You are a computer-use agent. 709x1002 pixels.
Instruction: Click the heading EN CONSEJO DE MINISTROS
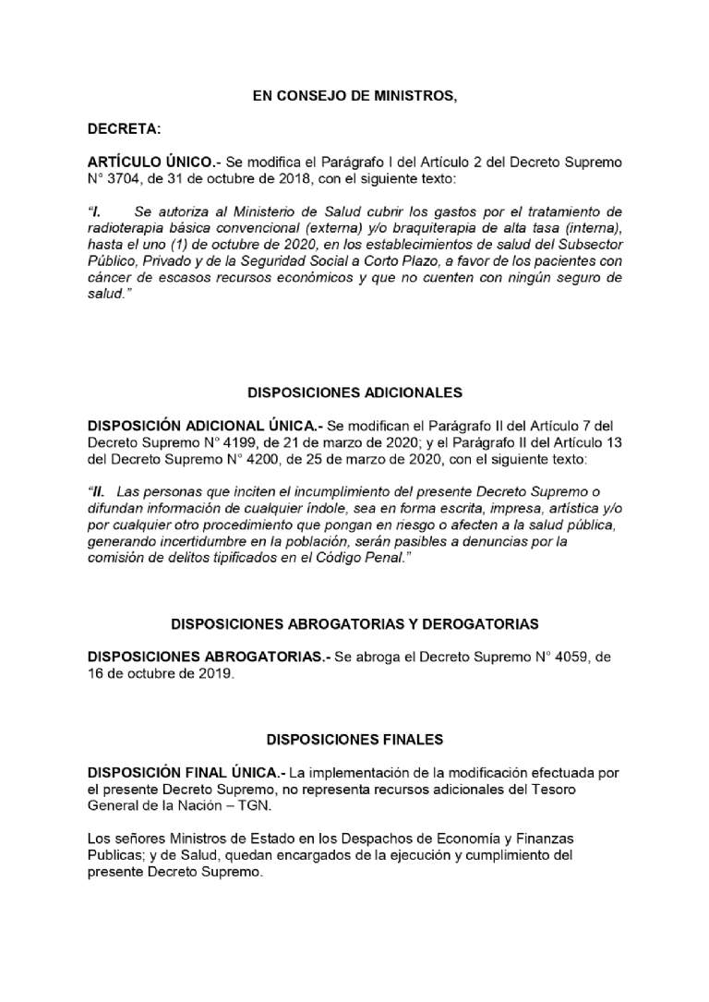pyautogui.click(x=354, y=95)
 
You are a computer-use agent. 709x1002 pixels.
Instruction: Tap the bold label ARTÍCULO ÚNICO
pyautogui.click(x=150, y=162)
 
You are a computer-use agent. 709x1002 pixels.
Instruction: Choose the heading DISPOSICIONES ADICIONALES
pyautogui.click(x=354, y=392)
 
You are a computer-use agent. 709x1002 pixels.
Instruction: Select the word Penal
pyautogui.click(x=385, y=559)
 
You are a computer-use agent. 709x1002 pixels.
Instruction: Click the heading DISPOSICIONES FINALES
pyautogui.click(x=354, y=740)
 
